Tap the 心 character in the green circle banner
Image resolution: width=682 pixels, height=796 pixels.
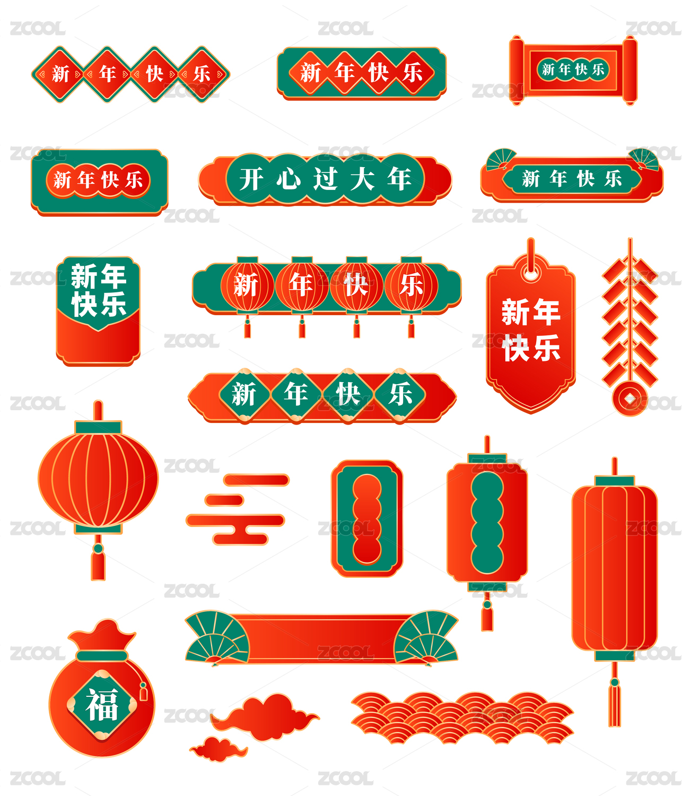[x=288, y=179]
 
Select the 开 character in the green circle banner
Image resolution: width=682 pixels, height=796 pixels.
[x=251, y=179]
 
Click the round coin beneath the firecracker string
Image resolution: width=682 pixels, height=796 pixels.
[x=629, y=399]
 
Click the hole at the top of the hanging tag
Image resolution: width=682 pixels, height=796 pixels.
[x=531, y=274]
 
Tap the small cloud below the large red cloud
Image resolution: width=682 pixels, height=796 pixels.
[x=218, y=749]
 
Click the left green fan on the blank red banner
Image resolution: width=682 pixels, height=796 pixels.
[x=217, y=638]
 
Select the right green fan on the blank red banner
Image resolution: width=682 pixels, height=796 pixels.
[x=426, y=638]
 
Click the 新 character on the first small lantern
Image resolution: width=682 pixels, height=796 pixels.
[x=246, y=285]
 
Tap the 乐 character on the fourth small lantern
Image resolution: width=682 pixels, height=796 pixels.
[x=410, y=285]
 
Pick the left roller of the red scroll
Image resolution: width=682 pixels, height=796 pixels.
[x=517, y=70]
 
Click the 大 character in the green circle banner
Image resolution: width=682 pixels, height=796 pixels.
[x=362, y=179]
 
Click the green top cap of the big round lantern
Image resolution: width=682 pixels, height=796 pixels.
[x=98, y=428]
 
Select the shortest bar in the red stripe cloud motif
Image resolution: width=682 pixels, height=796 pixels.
[x=224, y=500]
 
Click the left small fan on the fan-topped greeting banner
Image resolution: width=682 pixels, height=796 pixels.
[x=501, y=159]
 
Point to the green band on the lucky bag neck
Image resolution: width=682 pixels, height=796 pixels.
[x=102, y=656]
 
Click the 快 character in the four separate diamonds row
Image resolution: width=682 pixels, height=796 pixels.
[x=154, y=74]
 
